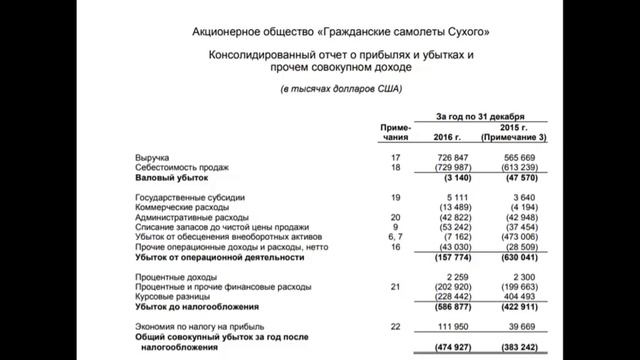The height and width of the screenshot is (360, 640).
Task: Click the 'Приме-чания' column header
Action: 396,131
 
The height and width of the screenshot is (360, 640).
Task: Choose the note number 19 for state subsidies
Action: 396,197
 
